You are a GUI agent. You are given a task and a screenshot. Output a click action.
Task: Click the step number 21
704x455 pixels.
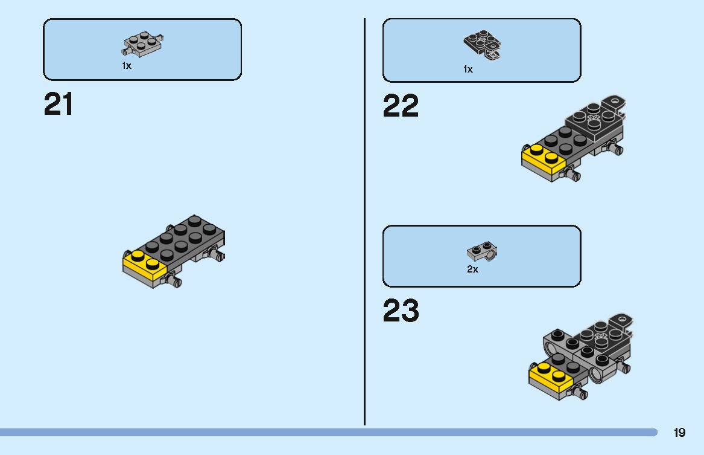(x=59, y=105)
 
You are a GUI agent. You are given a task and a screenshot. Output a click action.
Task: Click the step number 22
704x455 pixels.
(x=401, y=106)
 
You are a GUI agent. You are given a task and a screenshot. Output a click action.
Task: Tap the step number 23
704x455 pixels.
(x=401, y=312)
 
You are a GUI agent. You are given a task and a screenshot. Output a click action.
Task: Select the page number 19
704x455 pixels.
(x=679, y=433)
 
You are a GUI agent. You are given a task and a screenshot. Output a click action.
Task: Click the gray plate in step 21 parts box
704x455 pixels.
(x=144, y=46)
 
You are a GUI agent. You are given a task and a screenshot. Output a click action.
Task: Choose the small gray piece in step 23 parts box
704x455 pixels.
(x=482, y=252)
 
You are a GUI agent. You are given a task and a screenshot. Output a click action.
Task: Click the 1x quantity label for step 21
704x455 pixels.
(x=126, y=66)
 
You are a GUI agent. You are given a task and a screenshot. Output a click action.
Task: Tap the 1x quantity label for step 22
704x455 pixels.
(x=468, y=69)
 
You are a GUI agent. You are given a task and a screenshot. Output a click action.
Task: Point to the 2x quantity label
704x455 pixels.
(x=472, y=269)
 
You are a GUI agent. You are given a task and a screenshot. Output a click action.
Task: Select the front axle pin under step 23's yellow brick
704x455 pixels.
(x=580, y=393)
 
